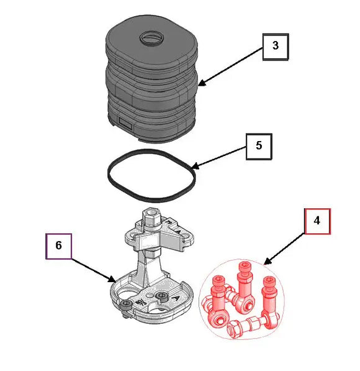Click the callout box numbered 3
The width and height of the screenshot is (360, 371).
point(276,47)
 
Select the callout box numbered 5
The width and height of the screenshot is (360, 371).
point(258,146)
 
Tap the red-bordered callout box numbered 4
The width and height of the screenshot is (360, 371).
point(317,221)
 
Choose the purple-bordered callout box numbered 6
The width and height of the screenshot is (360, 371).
point(58,245)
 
